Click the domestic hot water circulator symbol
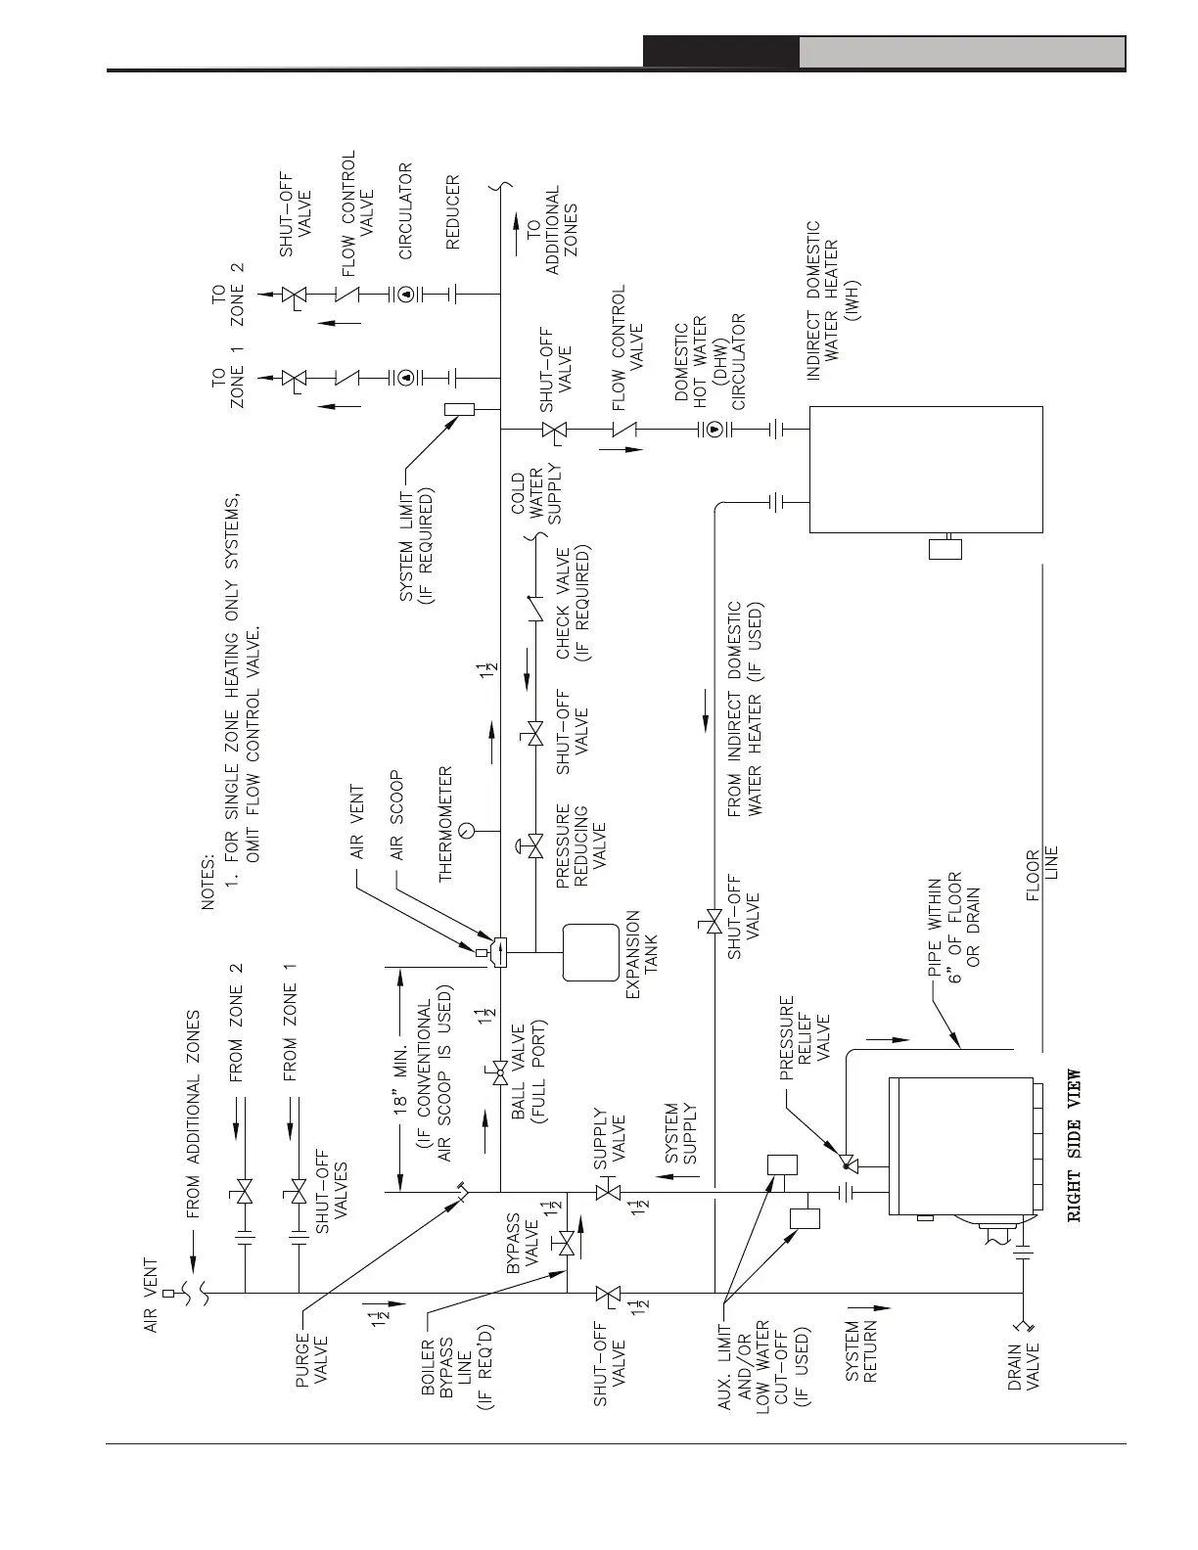714,429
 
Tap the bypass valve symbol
566,1245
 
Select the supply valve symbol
608,1193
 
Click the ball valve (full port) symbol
500,1074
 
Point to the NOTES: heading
208,881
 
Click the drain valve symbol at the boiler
1025,1328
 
